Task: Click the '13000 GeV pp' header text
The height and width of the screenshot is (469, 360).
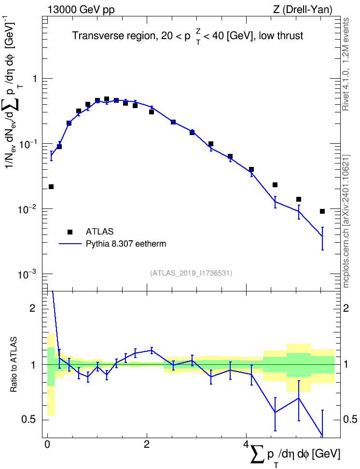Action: point(81,10)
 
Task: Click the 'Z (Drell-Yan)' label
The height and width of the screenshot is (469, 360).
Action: point(303,10)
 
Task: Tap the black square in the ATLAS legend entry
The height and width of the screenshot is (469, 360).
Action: point(69,232)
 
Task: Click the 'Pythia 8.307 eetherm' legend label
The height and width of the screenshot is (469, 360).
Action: point(126,244)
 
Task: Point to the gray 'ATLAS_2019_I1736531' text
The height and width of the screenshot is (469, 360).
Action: point(191,273)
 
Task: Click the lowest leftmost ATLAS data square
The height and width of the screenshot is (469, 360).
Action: point(51,187)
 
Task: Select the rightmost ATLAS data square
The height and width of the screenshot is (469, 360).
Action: point(322,211)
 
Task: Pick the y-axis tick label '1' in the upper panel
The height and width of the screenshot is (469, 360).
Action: point(35,79)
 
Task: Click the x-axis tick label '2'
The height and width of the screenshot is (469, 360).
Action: point(147,444)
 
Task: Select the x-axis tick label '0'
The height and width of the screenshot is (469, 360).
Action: point(47,444)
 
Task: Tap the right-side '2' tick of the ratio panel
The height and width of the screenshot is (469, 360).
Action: point(346,308)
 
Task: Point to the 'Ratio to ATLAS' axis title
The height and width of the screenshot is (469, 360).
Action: point(14,364)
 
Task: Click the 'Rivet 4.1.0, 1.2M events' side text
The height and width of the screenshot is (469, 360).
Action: point(346,64)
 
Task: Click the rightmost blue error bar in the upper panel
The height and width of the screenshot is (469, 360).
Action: point(322,238)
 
